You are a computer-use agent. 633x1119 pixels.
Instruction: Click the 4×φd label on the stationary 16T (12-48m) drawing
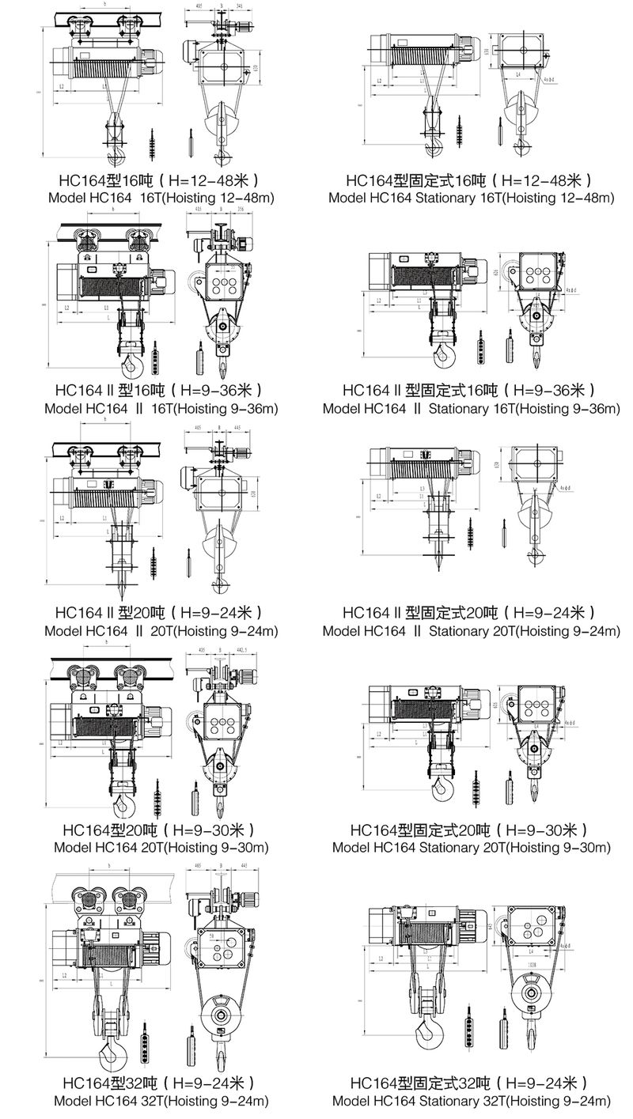551,79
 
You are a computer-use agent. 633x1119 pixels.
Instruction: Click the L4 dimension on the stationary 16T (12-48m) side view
517,73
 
